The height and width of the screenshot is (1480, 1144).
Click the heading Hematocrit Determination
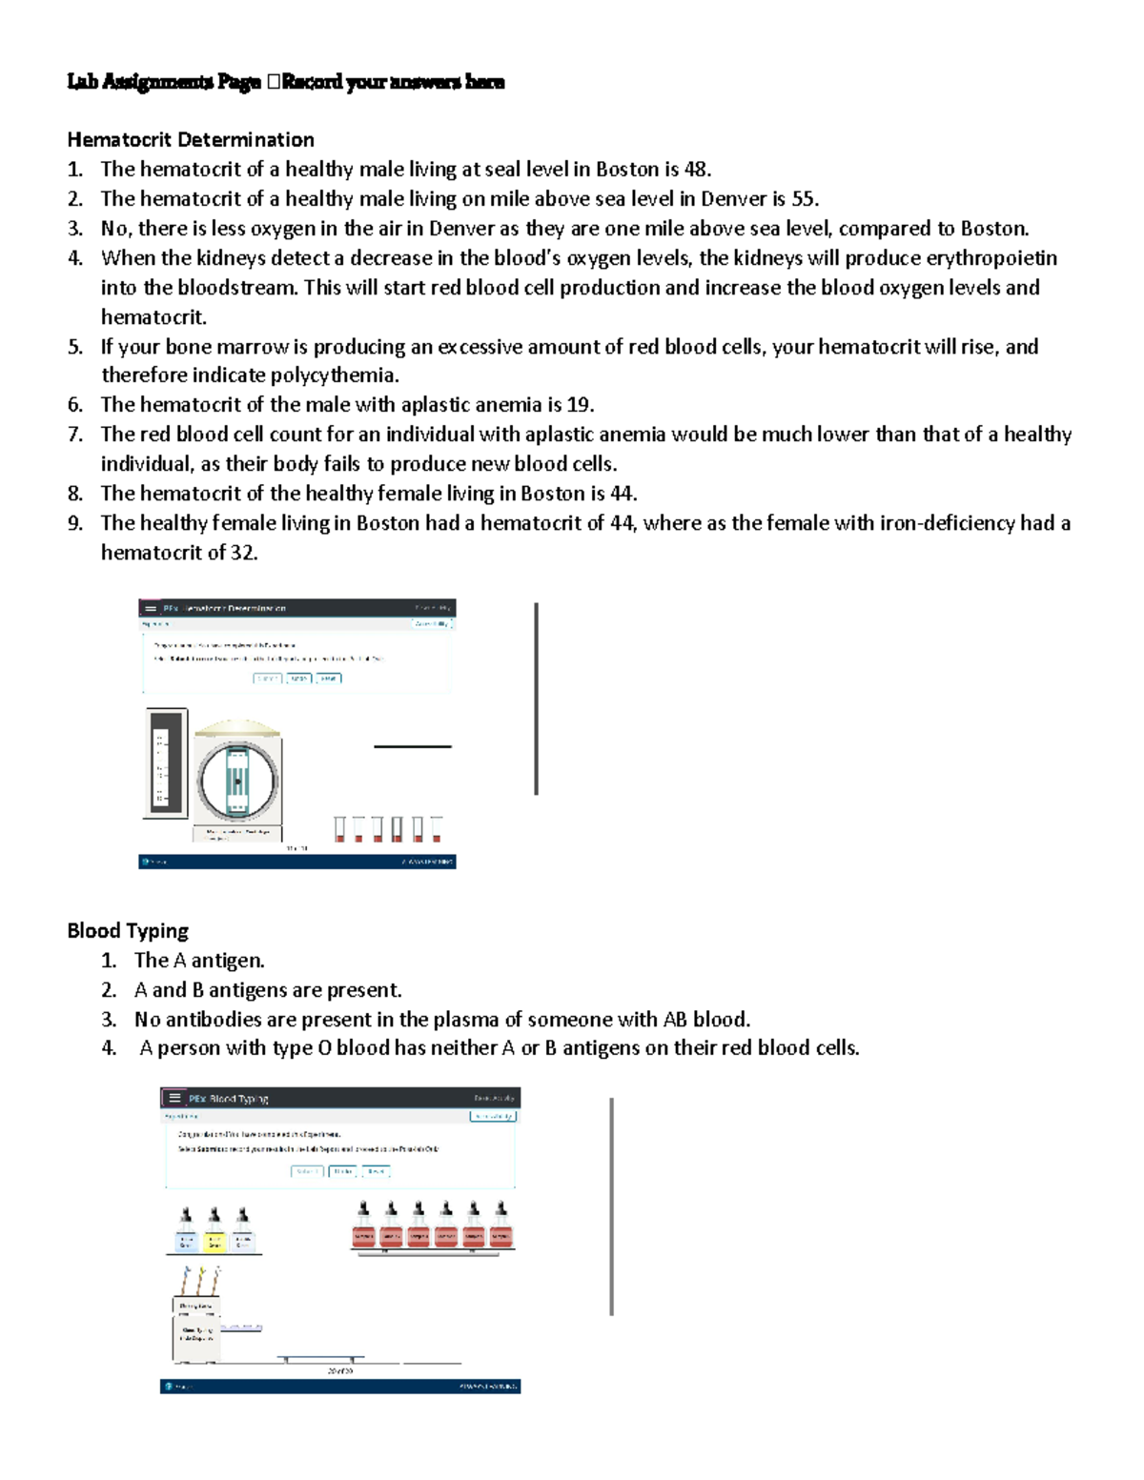(x=191, y=140)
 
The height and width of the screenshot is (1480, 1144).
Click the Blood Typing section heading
(x=128, y=931)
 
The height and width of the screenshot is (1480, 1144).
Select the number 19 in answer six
(x=579, y=405)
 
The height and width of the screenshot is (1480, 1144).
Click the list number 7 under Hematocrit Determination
(x=74, y=435)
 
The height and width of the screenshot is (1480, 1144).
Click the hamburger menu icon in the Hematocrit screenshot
(x=151, y=608)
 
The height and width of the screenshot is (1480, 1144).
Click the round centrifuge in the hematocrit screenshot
(x=237, y=781)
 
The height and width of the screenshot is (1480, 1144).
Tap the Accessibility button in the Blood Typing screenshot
(x=493, y=1116)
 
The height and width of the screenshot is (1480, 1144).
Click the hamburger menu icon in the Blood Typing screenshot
(x=174, y=1098)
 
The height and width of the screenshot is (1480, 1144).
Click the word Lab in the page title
(x=82, y=82)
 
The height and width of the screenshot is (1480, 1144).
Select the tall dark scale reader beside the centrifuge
(x=165, y=763)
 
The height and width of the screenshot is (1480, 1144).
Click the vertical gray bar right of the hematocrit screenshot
(x=537, y=699)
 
